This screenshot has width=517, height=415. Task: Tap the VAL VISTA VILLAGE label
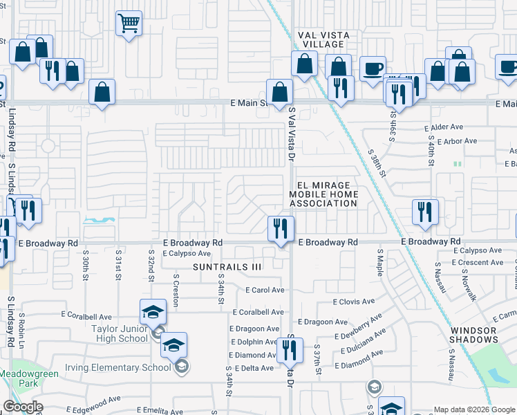point(324,39)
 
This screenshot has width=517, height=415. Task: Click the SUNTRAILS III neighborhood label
point(227,266)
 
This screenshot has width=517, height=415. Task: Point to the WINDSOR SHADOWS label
point(473,335)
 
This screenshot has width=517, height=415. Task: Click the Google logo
point(23,407)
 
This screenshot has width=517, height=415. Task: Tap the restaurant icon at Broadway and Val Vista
point(281,228)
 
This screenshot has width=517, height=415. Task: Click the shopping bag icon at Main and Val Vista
point(279,92)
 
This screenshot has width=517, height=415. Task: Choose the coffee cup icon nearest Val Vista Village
point(373,68)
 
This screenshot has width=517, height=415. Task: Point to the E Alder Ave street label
point(444,127)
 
